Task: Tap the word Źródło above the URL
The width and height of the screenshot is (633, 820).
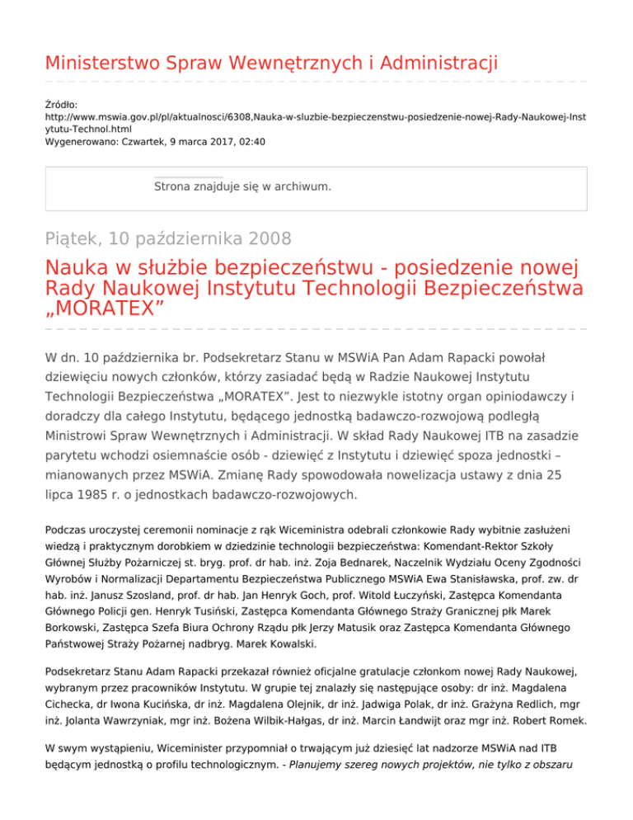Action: (61, 106)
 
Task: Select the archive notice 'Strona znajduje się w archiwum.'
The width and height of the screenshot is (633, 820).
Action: (242, 186)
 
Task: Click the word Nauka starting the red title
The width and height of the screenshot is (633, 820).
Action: (76, 269)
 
